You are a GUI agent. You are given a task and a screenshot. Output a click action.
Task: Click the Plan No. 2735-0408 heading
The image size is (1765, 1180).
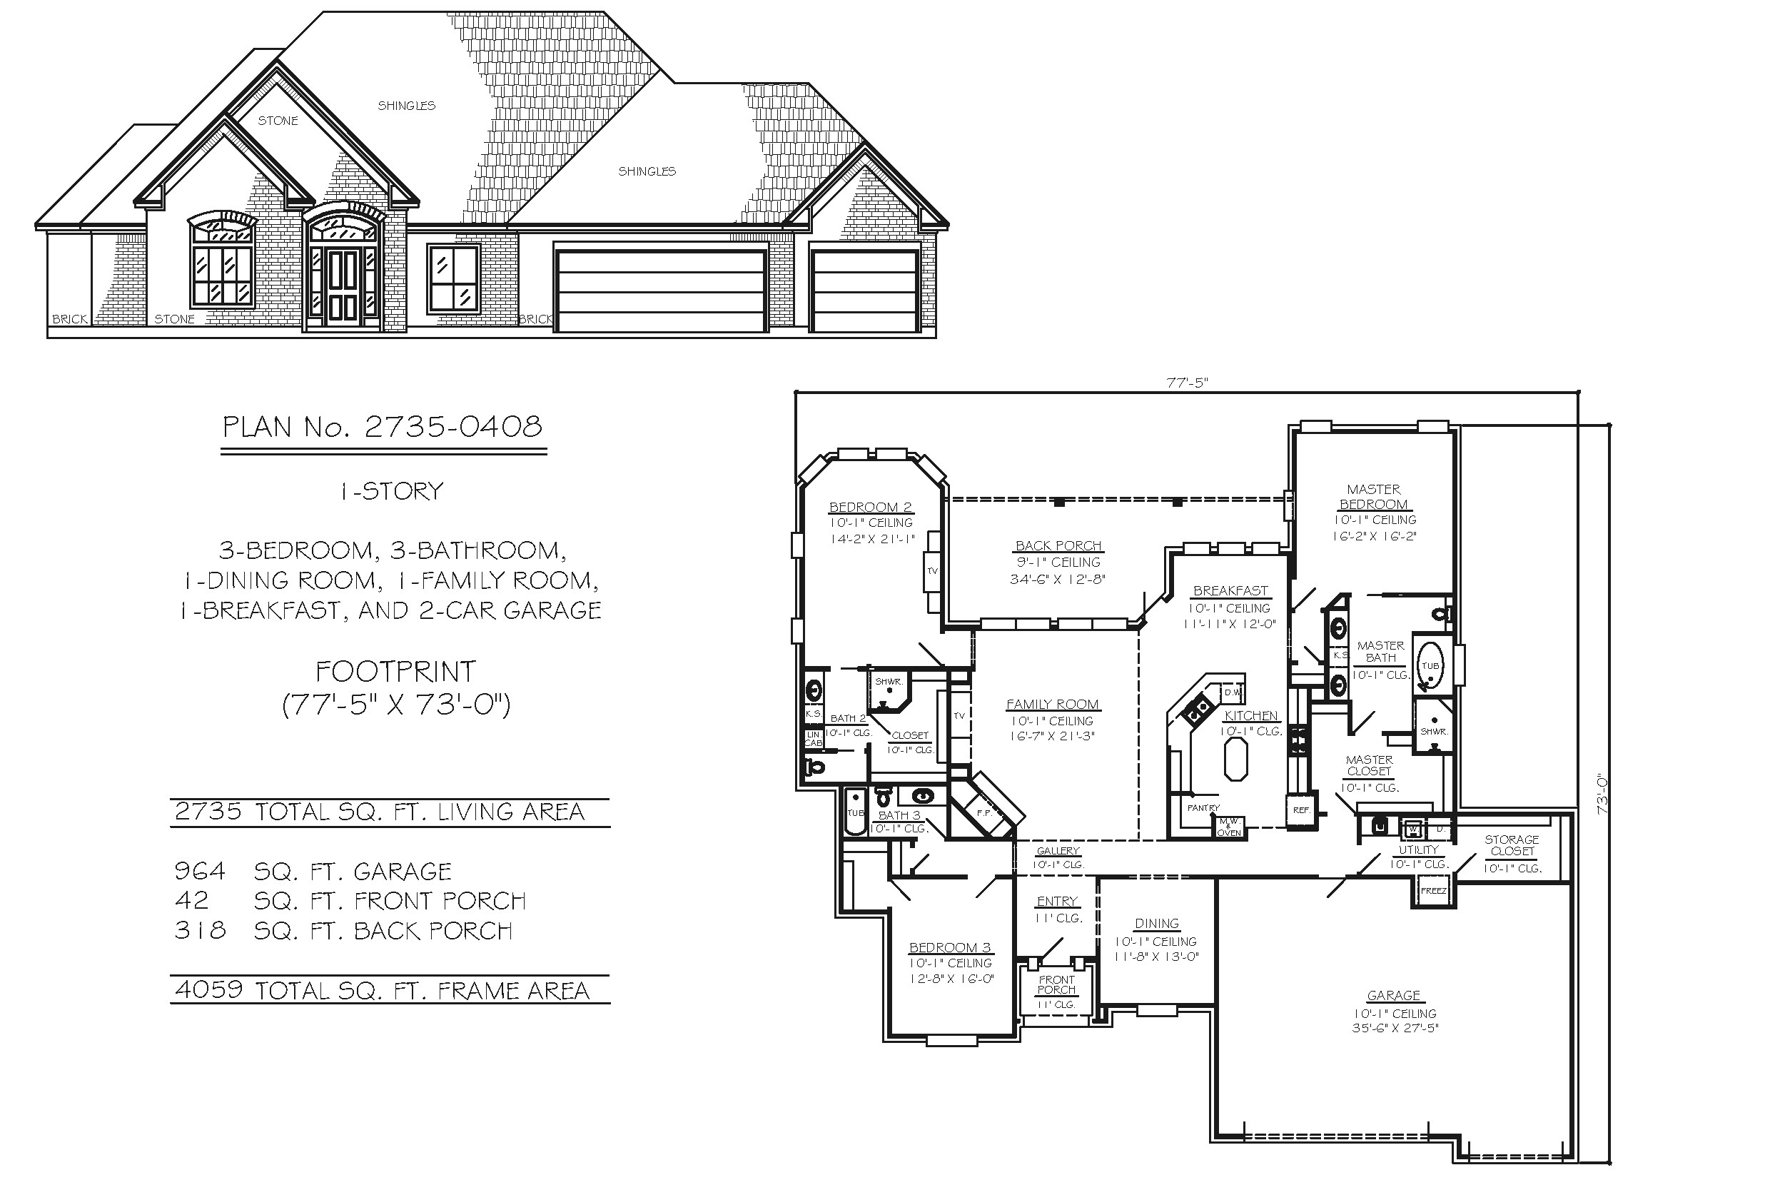click(383, 428)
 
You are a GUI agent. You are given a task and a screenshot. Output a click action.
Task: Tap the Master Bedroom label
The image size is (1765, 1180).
click(1373, 498)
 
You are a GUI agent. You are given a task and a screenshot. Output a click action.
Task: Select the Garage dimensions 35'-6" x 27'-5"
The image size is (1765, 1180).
click(1394, 1028)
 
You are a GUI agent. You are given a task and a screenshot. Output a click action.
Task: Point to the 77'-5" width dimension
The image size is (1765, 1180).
click(1186, 383)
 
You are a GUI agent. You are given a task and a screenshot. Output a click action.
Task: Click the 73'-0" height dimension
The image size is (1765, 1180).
click(1602, 795)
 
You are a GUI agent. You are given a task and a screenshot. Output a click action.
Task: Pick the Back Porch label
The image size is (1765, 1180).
click(1058, 545)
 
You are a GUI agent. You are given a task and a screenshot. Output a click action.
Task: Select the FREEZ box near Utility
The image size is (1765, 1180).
click(1433, 891)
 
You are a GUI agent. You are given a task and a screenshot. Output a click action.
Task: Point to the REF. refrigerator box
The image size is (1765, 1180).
click(1301, 810)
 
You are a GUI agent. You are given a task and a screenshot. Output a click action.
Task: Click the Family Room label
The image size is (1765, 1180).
click(1053, 705)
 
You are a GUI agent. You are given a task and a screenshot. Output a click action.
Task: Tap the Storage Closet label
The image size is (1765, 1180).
click(1512, 845)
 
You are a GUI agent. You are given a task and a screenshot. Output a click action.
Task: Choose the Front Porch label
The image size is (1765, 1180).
click(1056, 984)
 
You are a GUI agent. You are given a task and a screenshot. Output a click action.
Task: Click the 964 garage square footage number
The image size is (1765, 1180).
click(199, 872)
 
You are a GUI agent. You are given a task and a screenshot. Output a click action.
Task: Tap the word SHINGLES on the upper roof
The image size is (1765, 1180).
click(406, 106)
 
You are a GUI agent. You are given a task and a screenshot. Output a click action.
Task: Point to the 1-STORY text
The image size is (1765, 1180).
click(391, 491)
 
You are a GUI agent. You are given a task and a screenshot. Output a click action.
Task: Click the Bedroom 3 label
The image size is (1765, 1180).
click(949, 947)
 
